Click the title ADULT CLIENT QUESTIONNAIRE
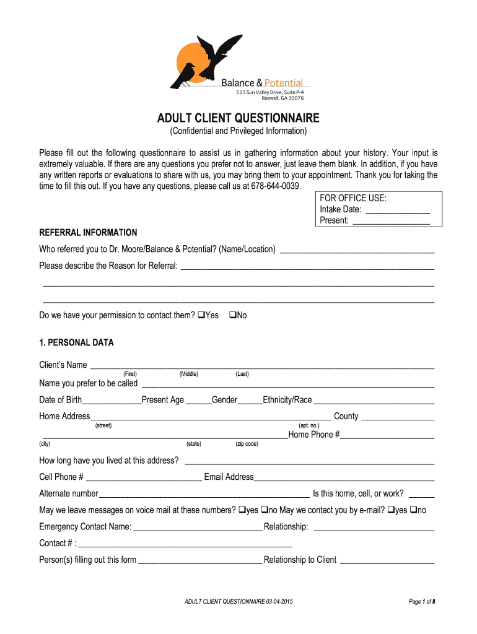(238, 118)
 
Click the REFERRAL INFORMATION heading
(88, 233)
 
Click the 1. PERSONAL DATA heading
(77, 342)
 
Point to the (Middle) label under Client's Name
(188, 374)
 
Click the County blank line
(397, 417)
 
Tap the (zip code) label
(247, 444)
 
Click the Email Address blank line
(344, 477)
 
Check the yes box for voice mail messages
(242, 510)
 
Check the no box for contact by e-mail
(413, 510)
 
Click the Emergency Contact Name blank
(197, 527)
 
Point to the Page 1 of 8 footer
(422, 602)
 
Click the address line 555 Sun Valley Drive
(269, 92)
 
